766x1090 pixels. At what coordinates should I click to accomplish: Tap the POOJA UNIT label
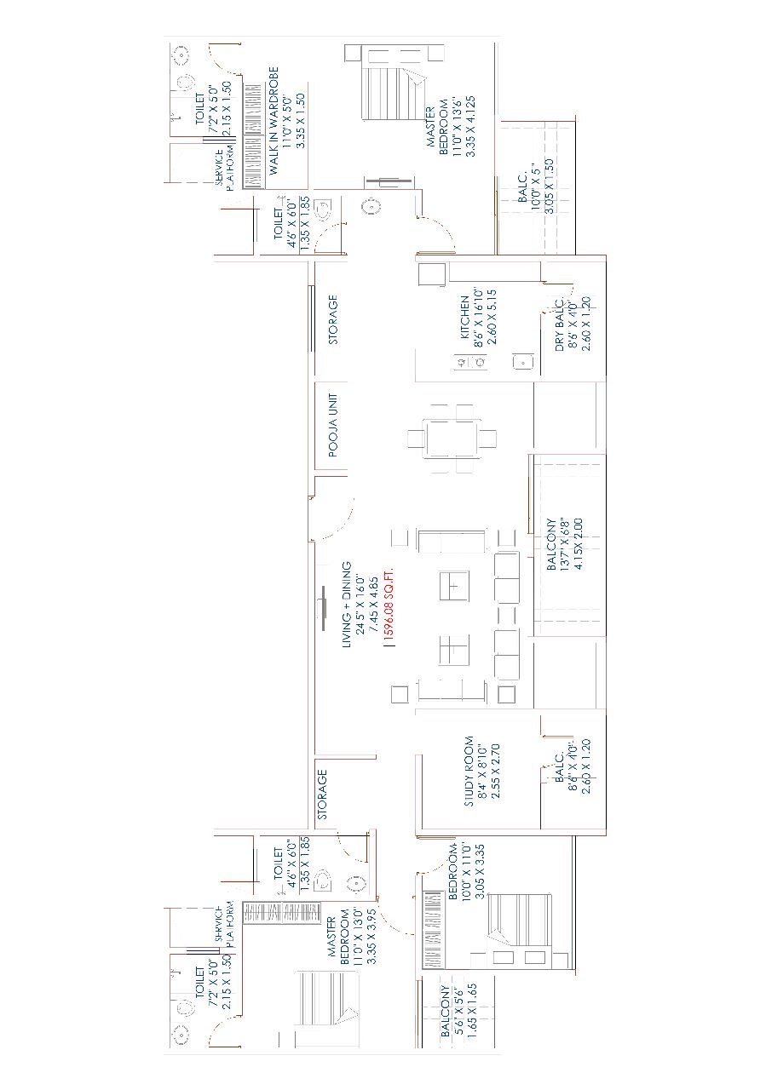pyautogui.click(x=333, y=425)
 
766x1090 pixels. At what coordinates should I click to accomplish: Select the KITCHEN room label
pyautogui.click(x=464, y=318)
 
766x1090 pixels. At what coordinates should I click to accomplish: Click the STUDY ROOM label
pyautogui.click(x=469, y=772)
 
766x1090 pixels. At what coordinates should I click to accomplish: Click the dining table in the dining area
pyautogui.click(x=452, y=439)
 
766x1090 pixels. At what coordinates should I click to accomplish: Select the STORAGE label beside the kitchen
pyautogui.click(x=332, y=319)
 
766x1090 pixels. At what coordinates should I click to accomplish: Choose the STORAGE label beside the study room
pyautogui.click(x=322, y=795)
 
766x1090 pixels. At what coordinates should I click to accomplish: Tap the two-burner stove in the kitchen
pyautogui.click(x=470, y=363)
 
